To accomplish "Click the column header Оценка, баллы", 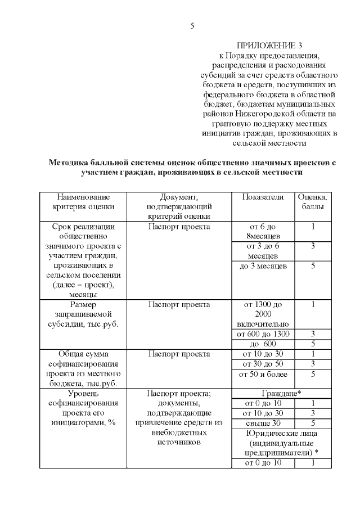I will point(312,202).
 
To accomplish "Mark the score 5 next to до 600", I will point(312,344).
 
